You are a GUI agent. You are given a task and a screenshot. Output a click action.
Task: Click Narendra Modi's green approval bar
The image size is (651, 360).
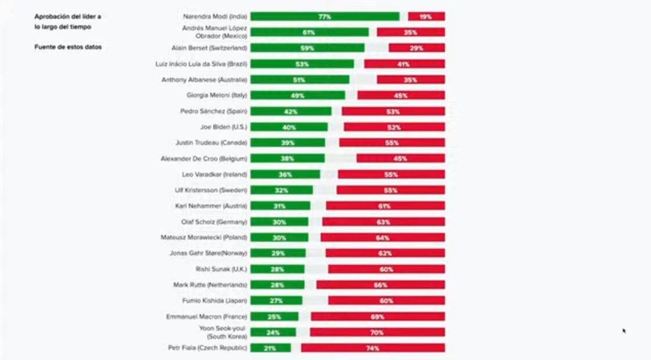pos(325,17)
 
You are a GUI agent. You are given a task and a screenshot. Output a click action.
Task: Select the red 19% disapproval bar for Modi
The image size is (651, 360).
pos(426,17)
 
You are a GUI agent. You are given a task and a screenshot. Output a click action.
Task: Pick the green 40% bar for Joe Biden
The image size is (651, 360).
pos(289,127)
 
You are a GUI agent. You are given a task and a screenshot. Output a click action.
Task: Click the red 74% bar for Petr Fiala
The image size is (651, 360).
pos(373,348)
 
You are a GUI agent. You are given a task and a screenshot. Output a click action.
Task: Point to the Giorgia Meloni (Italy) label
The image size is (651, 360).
pos(217,95)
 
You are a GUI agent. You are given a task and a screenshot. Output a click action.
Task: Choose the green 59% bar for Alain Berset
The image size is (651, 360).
pos(307,48)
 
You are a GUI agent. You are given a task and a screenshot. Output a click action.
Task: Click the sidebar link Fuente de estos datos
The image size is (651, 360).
pos(68,47)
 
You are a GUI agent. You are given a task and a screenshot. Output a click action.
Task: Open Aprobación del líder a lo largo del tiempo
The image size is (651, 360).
pos(67,22)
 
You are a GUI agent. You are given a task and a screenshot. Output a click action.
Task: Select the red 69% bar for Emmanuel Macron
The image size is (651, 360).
pos(377,316)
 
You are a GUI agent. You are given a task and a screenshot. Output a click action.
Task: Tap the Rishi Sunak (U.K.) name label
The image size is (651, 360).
pos(221,269)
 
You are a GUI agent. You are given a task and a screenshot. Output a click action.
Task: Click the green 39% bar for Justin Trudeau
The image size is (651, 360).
pos(288,143)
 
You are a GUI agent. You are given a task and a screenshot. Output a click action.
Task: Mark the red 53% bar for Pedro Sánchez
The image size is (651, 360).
pos(393,111)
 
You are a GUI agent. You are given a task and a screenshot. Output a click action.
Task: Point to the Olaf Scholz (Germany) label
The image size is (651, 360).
pos(214,222)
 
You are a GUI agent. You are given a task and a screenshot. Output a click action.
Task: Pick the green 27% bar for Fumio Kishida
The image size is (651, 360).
pos(276,301)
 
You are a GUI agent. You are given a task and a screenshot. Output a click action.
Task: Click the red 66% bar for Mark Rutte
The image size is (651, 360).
pos(380,285)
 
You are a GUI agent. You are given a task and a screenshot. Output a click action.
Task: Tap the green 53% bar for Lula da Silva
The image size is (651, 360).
pos(302,64)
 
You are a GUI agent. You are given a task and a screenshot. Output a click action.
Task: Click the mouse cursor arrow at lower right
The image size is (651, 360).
pos(624,331)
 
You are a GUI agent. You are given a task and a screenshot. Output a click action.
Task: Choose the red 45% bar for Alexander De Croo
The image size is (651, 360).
pos(401,159)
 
